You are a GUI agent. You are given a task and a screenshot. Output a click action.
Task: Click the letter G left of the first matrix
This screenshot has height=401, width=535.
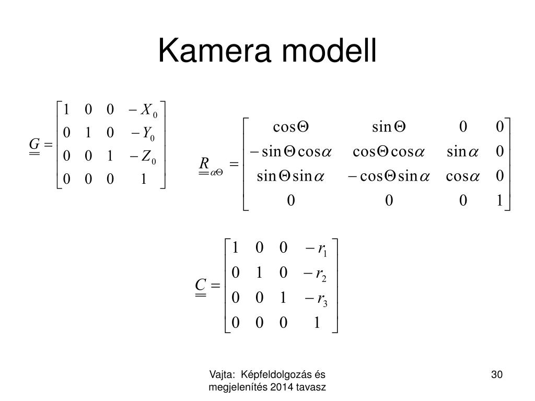(x=34, y=144)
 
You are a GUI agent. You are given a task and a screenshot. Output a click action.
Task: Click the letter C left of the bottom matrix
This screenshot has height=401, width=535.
(x=200, y=285)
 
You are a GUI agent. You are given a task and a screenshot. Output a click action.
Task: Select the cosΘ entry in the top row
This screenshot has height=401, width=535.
(x=292, y=127)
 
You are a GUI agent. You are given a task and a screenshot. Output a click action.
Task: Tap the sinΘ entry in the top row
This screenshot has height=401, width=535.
(x=389, y=127)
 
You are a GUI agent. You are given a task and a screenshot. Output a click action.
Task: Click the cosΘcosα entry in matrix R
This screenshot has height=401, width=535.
(x=389, y=151)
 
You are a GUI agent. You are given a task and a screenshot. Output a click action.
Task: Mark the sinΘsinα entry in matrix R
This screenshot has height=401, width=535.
(x=292, y=176)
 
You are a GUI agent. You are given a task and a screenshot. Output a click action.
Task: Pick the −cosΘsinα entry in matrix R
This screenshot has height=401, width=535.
(x=389, y=176)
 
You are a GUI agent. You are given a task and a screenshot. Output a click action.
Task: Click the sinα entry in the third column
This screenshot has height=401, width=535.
(x=463, y=151)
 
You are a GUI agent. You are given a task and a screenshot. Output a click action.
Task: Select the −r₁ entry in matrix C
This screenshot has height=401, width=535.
(x=314, y=250)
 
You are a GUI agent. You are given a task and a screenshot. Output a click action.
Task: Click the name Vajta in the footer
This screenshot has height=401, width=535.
(x=219, y=374)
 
